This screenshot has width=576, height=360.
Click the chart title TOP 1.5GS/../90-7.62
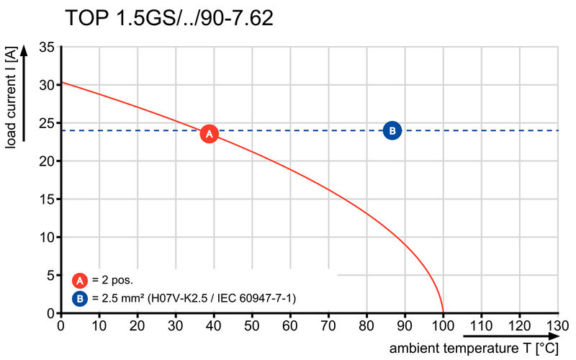click(169, 19)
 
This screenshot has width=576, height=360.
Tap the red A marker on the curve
click(209, 133)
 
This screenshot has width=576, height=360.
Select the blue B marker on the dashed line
click(392, 130)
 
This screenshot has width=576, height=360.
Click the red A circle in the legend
click(81, 281)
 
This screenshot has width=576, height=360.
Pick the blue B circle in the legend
click(81, 298)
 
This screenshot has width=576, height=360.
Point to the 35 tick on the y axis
click(47, 48)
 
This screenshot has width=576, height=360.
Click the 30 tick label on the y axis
click(47, 85)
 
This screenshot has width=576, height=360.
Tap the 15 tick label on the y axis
click(47, 199)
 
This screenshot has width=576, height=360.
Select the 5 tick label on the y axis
click(50, 275)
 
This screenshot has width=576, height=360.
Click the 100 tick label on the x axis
click(443, 325)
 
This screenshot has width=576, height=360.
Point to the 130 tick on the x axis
click(557, 325)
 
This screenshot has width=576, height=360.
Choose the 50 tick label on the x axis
click(252, 325)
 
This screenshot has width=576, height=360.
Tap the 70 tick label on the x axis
click(328, 325)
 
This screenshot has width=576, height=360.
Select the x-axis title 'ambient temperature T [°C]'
click(474, 348)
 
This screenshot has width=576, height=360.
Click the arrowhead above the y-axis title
click(24, 50)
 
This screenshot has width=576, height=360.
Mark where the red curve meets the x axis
click(443, 312)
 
